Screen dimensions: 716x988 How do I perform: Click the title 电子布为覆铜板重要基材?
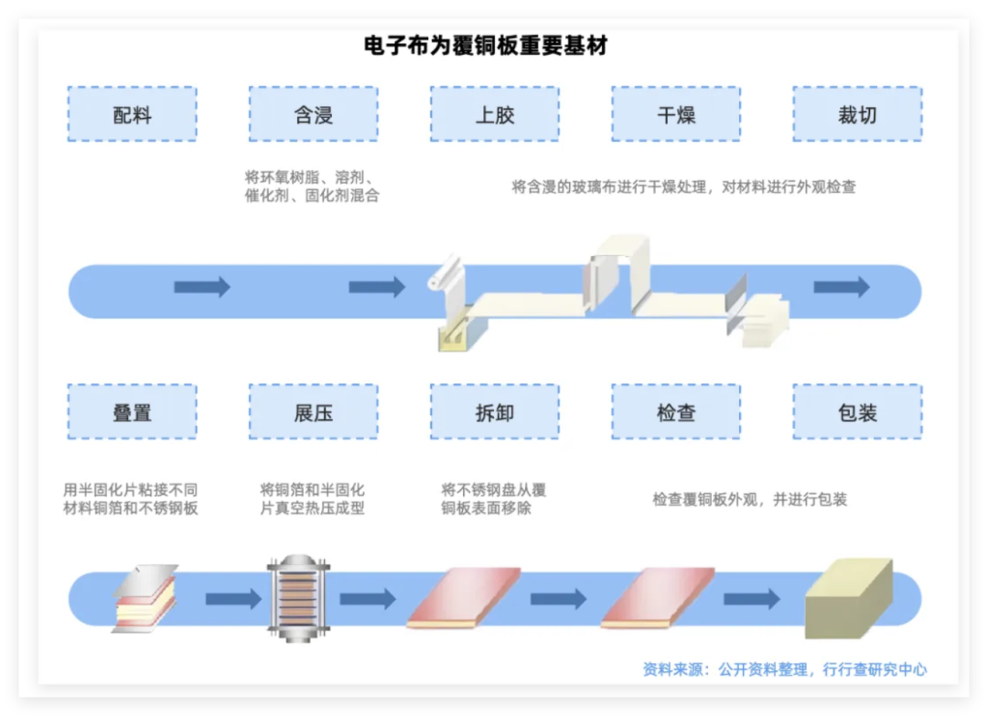486,45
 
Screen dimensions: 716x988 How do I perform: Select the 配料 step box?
132,114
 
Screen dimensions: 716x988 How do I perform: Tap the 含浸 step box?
313,114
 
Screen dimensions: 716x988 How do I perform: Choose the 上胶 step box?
494,114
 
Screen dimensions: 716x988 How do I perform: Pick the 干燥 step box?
675,114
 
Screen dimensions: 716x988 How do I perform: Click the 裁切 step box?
857,114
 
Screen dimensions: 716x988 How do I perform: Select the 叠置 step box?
132,412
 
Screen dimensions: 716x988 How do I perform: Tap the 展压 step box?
313,412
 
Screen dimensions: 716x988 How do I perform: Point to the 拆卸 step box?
494,412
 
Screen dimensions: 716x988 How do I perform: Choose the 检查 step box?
675,412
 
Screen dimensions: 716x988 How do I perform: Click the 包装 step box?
857,412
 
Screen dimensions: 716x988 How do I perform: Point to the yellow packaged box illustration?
847,598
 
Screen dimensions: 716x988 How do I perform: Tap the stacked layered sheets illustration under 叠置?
143,599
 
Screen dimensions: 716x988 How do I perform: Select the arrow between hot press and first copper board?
368,599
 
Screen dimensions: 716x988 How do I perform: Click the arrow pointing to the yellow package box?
751,599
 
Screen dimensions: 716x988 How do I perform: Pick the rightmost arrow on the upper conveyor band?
841,287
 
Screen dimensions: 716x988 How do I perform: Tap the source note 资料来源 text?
784,669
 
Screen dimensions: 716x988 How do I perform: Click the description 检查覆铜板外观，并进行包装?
749,500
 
